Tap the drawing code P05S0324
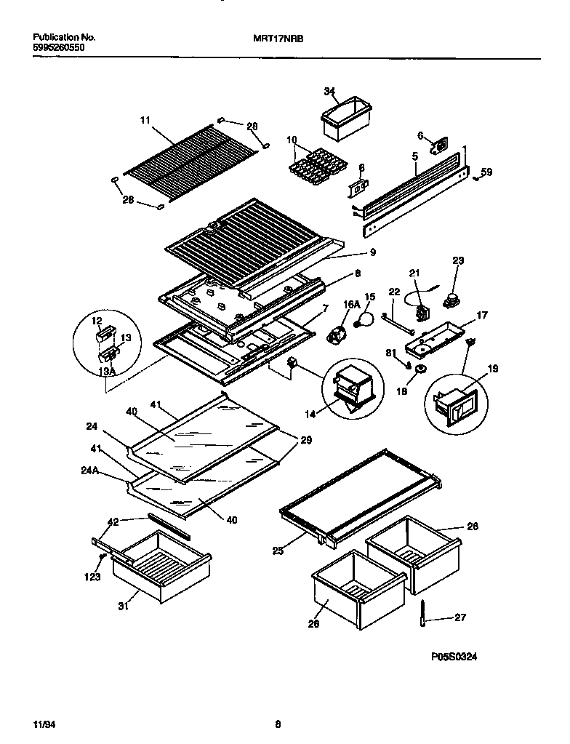[x=454, y=655]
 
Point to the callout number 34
[x=329, y=91]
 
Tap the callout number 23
[x=458, y=260]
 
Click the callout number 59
[x=486, y=172]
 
